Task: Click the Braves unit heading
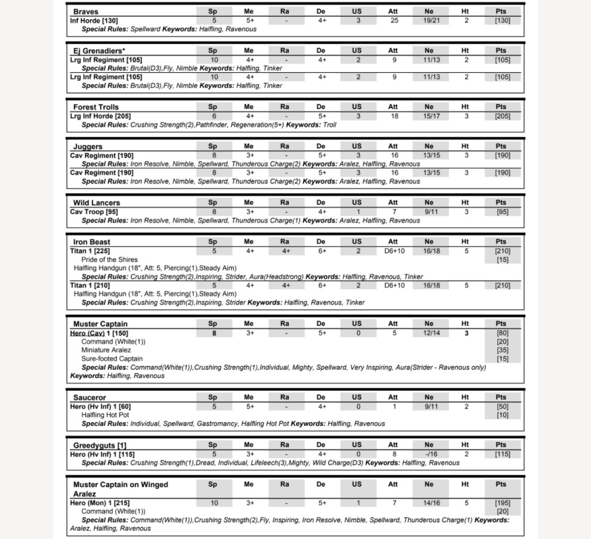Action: [85, 12]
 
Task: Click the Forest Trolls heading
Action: [96, 107]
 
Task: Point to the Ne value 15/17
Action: [429, 116]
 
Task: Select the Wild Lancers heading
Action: [96, 203]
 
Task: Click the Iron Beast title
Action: [91, 242]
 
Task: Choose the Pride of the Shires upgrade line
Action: [110, 260]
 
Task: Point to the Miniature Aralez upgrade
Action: [106, 350]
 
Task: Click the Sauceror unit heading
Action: [89, 398]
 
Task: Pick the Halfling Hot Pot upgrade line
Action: [105, 415]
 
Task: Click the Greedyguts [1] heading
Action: [99, 446]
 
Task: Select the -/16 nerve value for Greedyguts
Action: [429, 454]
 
